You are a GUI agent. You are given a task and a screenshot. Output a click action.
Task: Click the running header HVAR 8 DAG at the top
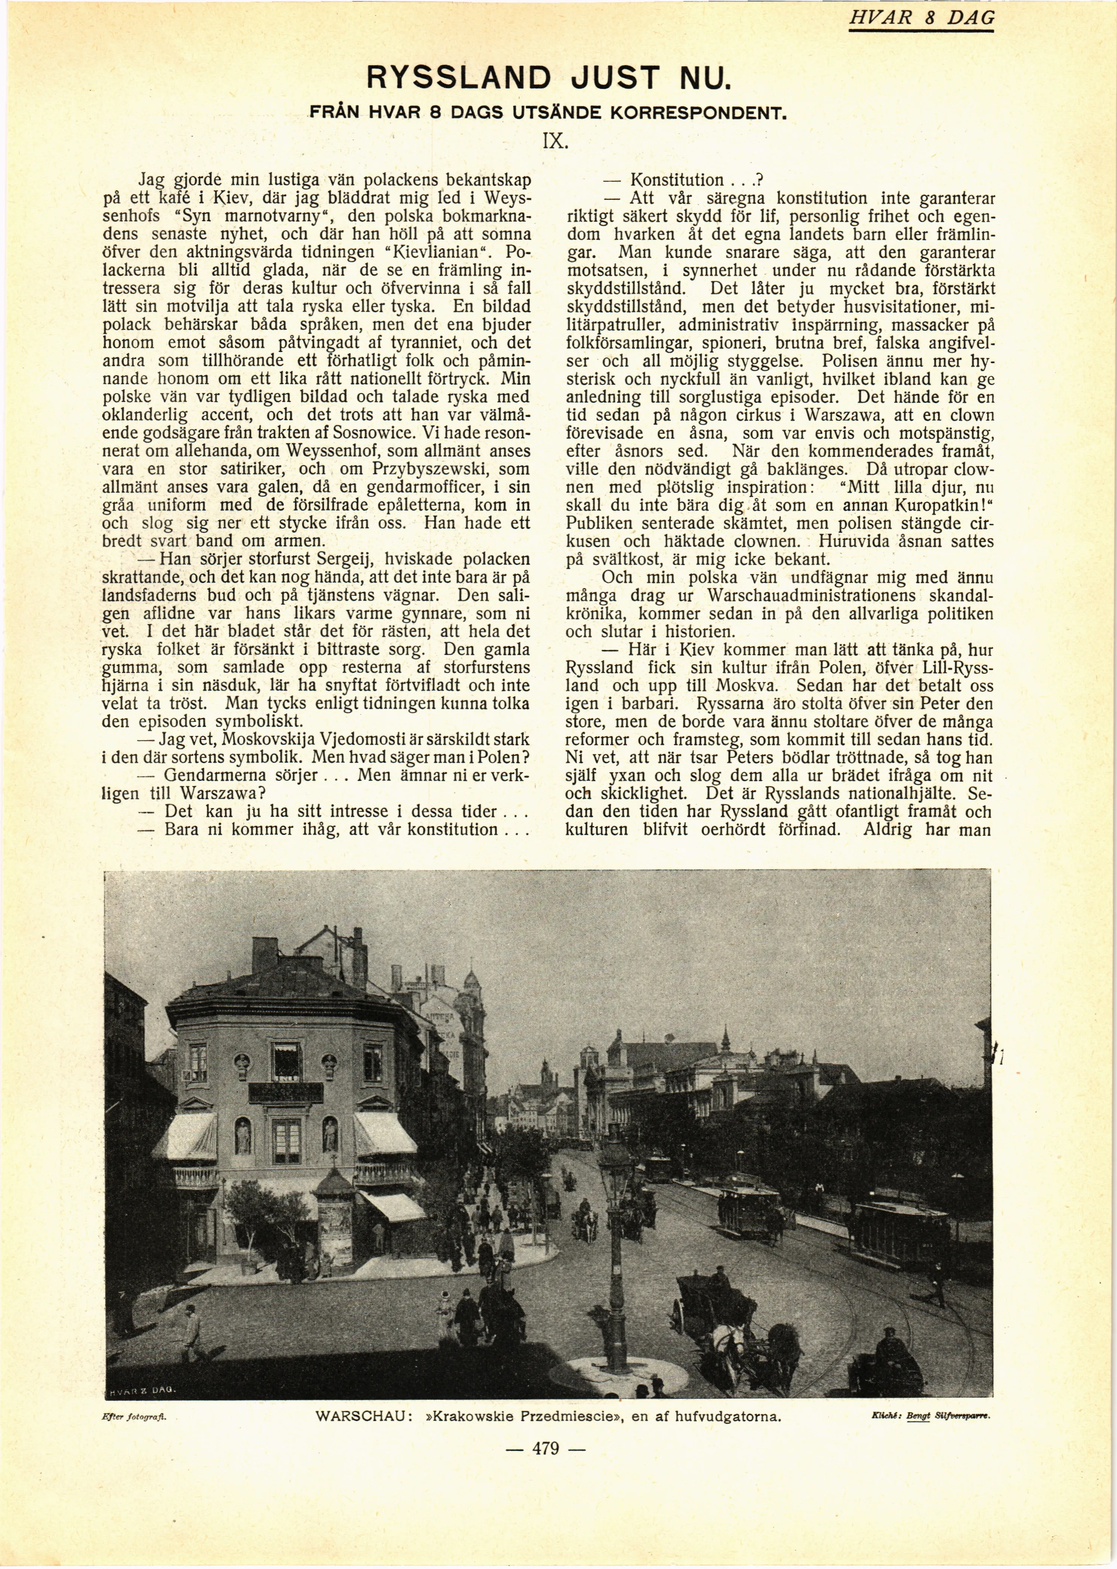coord(921,18)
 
